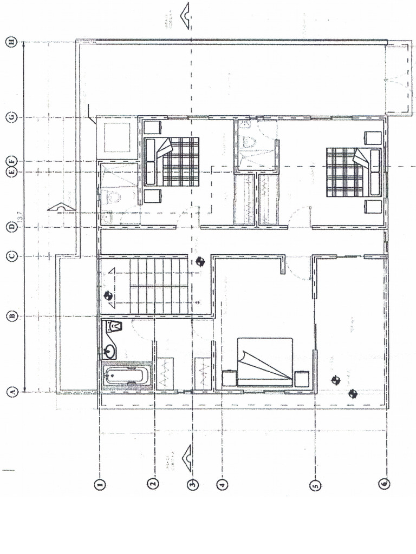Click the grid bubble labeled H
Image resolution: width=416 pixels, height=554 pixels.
tap(10, 42)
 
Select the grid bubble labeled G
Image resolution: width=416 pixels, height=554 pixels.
tap(10, 117)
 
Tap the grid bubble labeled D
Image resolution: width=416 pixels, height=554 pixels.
tap(10, 227)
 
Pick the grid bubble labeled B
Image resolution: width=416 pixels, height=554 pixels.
tap(10, 316)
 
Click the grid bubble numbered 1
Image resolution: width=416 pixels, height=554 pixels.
tap(99, 485)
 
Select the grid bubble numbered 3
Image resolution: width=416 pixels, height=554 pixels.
tap(192, 485)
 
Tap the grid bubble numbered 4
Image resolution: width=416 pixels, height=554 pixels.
tap(221, 485)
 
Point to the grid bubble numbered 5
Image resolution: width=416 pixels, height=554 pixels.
tap(316, 485)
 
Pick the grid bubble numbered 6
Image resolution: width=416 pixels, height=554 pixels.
tap(383, 485)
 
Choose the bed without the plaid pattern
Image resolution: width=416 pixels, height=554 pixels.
tap(265, 361)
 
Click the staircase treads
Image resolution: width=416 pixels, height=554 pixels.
tap(157, 286)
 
